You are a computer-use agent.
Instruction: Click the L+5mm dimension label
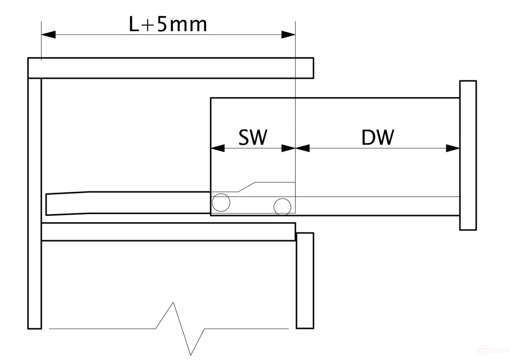point(168,24)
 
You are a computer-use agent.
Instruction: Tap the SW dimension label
point(253,137)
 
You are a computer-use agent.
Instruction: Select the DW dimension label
point(378,137)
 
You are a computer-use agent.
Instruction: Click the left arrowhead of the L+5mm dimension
point(48,35)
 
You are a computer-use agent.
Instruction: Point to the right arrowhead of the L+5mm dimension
point(288,35)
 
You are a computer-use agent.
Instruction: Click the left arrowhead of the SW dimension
point(218,148)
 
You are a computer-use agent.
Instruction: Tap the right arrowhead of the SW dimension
point(288,148)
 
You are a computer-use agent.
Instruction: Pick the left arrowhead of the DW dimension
point(303,148)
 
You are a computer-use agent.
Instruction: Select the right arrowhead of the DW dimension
point(453,148)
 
